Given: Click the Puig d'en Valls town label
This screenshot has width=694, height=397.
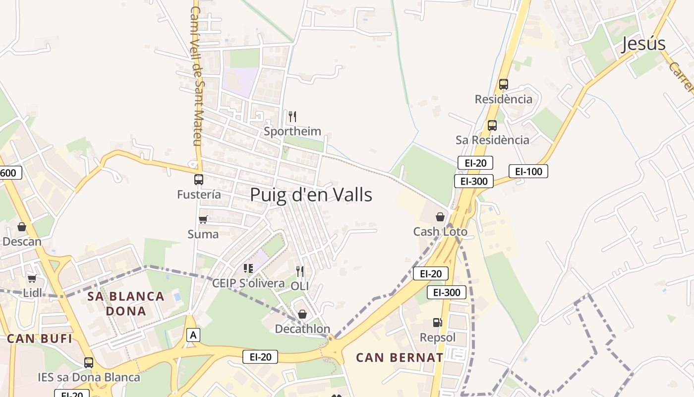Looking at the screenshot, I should point(311,195).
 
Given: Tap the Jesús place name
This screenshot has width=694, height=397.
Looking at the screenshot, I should point(643,44).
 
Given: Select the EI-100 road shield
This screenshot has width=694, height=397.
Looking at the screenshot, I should point(528,171).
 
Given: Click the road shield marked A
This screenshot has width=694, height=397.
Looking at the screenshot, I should point(193,335).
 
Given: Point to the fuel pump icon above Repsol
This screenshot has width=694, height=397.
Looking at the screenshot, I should point(437,323).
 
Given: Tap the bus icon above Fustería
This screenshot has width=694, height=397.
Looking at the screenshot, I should point(199,180).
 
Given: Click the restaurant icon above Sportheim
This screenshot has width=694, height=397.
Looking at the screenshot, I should point(292,117).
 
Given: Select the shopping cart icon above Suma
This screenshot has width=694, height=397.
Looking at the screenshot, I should point(203,219).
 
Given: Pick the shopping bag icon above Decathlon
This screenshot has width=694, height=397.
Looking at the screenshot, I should point(302,314).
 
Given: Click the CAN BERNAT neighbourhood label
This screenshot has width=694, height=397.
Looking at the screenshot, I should point(400,357).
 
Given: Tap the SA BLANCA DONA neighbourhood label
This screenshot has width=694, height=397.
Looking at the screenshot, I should point(125,304).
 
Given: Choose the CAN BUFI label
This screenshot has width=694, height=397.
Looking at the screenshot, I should point(40,339).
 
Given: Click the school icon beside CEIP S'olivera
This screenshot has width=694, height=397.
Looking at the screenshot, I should point(248,268).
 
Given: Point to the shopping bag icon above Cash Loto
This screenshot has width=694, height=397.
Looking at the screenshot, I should point(440,217).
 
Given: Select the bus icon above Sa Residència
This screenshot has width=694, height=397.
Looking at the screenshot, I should point(492,126).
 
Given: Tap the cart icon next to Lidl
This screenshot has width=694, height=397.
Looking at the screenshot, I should point(32,278).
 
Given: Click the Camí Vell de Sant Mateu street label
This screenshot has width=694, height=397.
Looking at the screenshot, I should point(195,76).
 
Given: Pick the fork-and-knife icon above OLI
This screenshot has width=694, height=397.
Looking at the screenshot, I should point(299,271).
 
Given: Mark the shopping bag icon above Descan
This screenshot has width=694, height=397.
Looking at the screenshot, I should point(22,227).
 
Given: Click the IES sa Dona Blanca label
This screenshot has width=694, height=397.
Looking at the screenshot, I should point(89,377).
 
